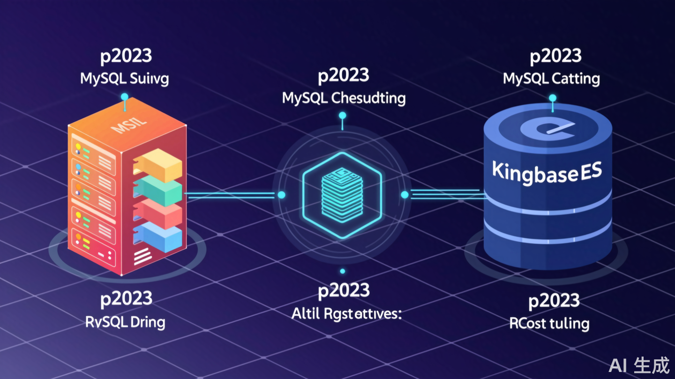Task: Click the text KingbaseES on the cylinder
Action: [x=547, y=173]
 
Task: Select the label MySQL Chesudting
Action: [x=344, y=98]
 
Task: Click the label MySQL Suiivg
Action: [x=124, y=78]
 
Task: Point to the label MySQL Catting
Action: [x=551, y=78]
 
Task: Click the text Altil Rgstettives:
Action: [x=347, y=314]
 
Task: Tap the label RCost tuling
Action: [x=549, y=323]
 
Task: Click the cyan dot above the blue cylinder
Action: [x=553, y=98]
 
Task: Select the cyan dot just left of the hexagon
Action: [x=282, y=195]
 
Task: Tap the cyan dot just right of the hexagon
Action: [x=405, y=195]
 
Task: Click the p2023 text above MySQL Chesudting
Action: [x=343, y=76]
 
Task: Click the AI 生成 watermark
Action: [x=640, y=364]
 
